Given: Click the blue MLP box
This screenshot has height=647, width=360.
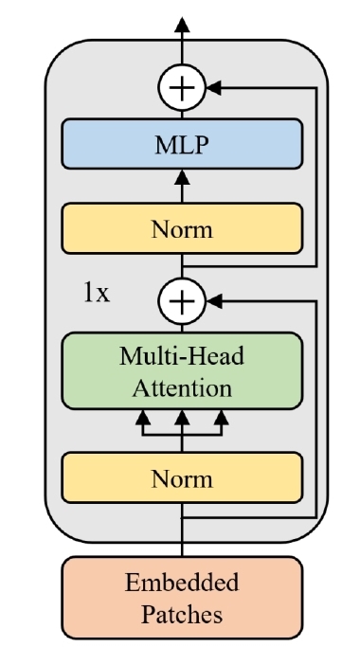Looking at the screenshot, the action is (182, 144).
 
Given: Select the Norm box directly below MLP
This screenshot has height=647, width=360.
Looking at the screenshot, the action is (182, 228).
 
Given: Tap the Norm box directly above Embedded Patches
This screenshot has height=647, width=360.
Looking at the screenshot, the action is (182, 477).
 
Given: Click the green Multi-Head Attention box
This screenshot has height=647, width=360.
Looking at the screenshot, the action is (182, 371).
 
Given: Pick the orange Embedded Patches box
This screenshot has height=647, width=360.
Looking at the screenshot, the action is (182, 598).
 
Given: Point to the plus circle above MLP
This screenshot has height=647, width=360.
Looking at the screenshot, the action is (182, 88).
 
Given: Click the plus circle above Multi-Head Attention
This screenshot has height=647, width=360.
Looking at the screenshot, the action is (182, 301).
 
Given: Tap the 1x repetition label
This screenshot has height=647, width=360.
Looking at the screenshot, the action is (97, 294).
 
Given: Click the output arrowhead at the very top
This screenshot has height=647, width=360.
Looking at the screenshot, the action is (182, 25).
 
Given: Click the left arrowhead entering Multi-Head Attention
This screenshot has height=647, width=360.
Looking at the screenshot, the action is (143, 418).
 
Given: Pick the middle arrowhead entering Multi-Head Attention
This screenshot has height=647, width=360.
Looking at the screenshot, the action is (182, 418).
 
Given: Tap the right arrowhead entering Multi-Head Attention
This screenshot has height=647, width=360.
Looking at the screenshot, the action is (222, 418).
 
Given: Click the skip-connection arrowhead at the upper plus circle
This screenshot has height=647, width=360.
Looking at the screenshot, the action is (214, 88).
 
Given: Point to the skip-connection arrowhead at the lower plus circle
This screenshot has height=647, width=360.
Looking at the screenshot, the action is (214, 301).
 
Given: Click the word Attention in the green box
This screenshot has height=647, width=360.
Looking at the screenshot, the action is (182, 388).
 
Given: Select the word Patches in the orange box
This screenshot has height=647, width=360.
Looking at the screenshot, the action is (182, 614).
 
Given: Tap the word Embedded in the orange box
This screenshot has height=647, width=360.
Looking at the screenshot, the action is (182, 583).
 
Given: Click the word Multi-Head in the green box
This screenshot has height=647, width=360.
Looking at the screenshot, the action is (182, 356).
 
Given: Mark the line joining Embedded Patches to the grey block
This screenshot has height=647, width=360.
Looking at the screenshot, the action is (182, 549).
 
